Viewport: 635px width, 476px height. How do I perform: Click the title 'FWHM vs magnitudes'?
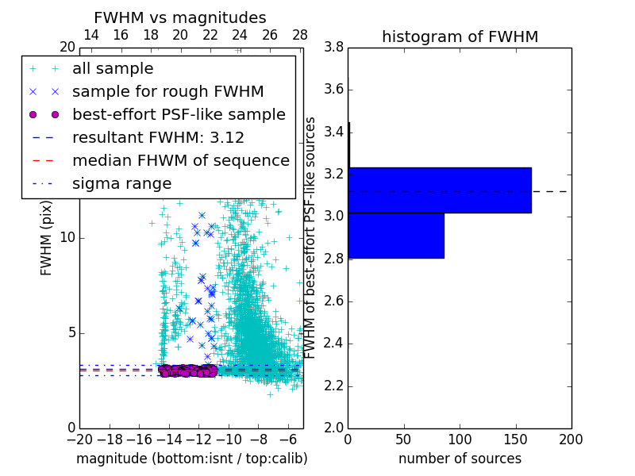click(180, 18)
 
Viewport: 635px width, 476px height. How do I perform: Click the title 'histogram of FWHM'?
click(460, 36)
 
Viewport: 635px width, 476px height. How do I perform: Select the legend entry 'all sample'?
click(113, 69)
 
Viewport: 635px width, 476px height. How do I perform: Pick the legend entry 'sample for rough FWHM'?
click(167, 91)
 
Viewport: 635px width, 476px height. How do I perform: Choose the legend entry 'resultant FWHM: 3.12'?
click(158, 137)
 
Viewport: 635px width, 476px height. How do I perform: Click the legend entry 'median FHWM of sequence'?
click(180, 160)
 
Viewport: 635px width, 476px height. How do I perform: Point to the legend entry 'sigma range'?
click(121, 183)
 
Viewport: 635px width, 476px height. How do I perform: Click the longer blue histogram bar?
click(439, 190)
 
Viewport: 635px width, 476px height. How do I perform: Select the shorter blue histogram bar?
click(395, 236)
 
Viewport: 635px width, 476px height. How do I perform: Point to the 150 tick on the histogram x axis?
click(515, 439)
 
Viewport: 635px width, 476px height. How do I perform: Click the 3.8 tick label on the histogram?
click(333, 48)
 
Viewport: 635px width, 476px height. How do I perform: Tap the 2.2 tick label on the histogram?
click(333, 386)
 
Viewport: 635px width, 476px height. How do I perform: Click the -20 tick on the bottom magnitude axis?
click(79, 439)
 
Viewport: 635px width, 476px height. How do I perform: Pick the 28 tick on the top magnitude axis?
click(300, 35)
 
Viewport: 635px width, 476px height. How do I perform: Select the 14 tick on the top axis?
click(91, 35)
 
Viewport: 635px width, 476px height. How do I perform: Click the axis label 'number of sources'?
click(460, 459)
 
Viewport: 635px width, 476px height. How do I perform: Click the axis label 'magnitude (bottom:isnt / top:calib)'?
click(191, 459)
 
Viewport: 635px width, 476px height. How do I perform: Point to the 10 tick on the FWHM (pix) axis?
click(68, 238)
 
